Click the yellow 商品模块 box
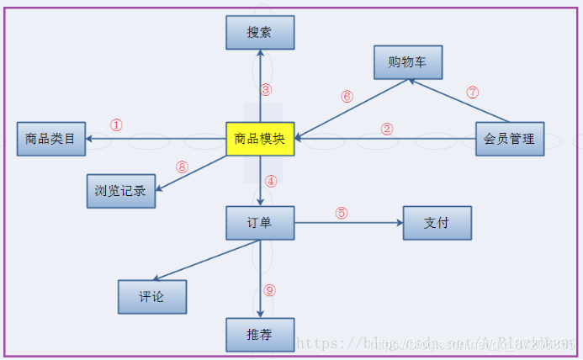point(260,139)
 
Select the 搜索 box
point(260,33)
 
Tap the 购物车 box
point(408,62)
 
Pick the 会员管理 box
point(510,139)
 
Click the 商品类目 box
point(50,139)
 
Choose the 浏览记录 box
point(121,191)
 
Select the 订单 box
point(260,223)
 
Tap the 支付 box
point(437,223)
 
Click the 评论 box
point(152,296)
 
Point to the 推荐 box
point(260,335)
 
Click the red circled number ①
point(116,125)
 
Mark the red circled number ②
point(387,129)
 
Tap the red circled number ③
point(266,89)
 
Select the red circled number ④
point(270,182)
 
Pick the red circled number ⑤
point(342,213)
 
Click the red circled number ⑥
point(347,96)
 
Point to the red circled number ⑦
point(472,93)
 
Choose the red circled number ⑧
point(182,167)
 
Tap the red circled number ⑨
point(269,290)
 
